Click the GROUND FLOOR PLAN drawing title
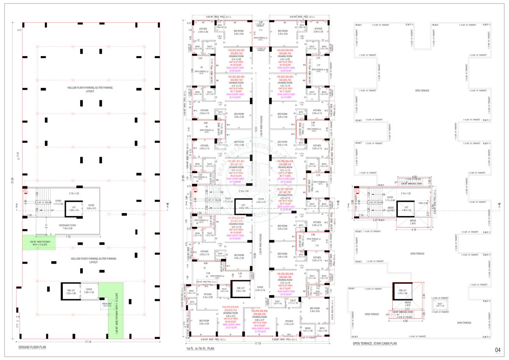pyautogui.click(x=32, y=347)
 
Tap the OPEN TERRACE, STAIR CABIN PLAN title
pyautogui.click(x=375, y=343)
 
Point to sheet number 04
pyautogui.click(x=498, y=350)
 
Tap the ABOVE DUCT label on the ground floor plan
pyautogui.click(x=106, y=304)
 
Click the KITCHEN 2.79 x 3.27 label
pyautogui.click(x=289, y=323)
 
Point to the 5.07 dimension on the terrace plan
pyautogui.click(x=373, y=220)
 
